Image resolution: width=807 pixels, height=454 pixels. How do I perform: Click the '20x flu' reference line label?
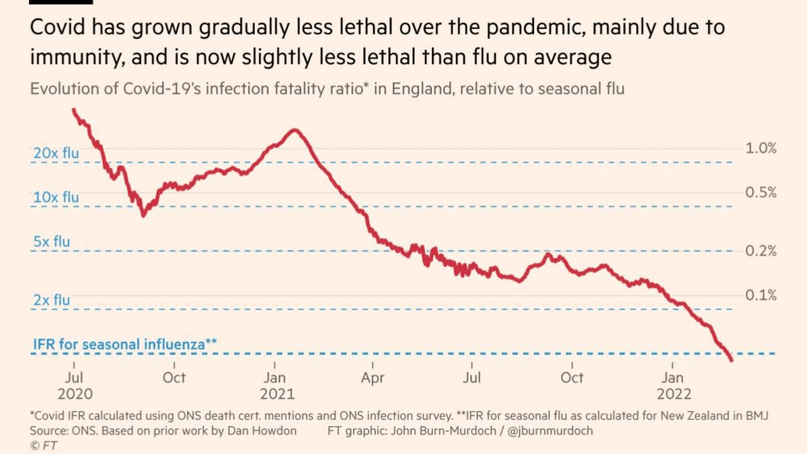click(56, 153)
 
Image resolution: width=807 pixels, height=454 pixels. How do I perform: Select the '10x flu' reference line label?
click(56, 198)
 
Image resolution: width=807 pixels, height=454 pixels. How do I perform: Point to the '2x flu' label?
click(52, 301)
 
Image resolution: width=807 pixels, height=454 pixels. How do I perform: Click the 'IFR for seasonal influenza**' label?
click(124, 345)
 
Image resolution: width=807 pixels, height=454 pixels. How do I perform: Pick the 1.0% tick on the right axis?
click(761, 149)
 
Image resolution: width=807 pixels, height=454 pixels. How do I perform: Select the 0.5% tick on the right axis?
click(761, 193)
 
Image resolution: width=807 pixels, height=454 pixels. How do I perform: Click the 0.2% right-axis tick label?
click(761, 252)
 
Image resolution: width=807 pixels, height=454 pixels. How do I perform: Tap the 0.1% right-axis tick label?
click(761, 295)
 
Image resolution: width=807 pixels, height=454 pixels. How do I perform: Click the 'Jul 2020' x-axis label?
click(75, 385)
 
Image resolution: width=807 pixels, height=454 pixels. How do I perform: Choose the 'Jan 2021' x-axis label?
click(274, 385)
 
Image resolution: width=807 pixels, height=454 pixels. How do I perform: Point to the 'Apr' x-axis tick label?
click(373, 378)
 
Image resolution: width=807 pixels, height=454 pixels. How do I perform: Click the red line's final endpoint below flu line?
click(731, 361)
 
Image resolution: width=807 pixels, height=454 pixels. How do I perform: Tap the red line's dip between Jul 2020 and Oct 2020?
click(143, 215)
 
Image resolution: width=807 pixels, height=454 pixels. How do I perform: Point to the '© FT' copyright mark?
click(44, 446)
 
